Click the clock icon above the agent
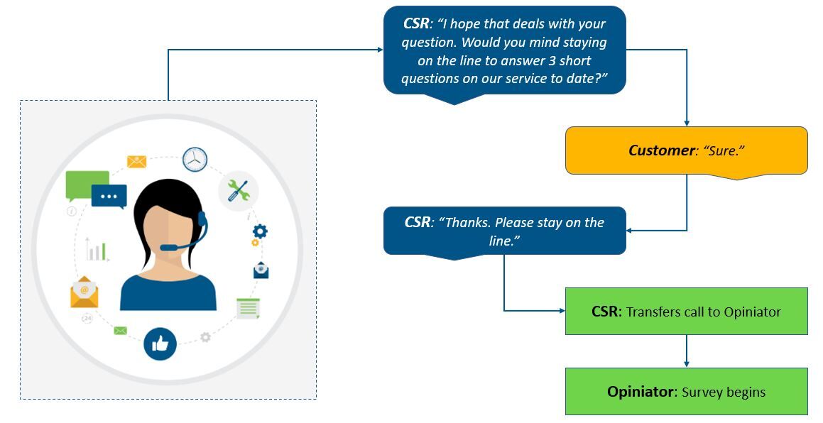[195, 159]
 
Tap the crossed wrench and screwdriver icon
[238, 190]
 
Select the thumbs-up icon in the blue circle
[160, 344]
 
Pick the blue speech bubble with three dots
[109, 196]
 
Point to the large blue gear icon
[261, 231]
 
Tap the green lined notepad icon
[248, 308]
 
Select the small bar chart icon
[96, 250]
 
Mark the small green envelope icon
[120, 330]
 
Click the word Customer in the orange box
[660, 150]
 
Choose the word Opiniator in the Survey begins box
[641, 392]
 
